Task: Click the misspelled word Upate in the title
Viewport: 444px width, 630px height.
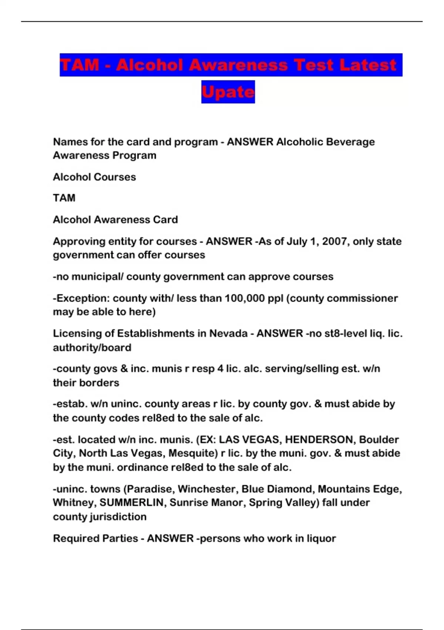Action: click(x=228, y=92)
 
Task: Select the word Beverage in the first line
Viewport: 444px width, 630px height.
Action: click(x=350, y=142)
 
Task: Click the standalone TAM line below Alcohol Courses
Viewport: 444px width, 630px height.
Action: click(x=64, y=198)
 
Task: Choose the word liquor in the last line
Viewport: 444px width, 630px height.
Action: click(x=321, y=538)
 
